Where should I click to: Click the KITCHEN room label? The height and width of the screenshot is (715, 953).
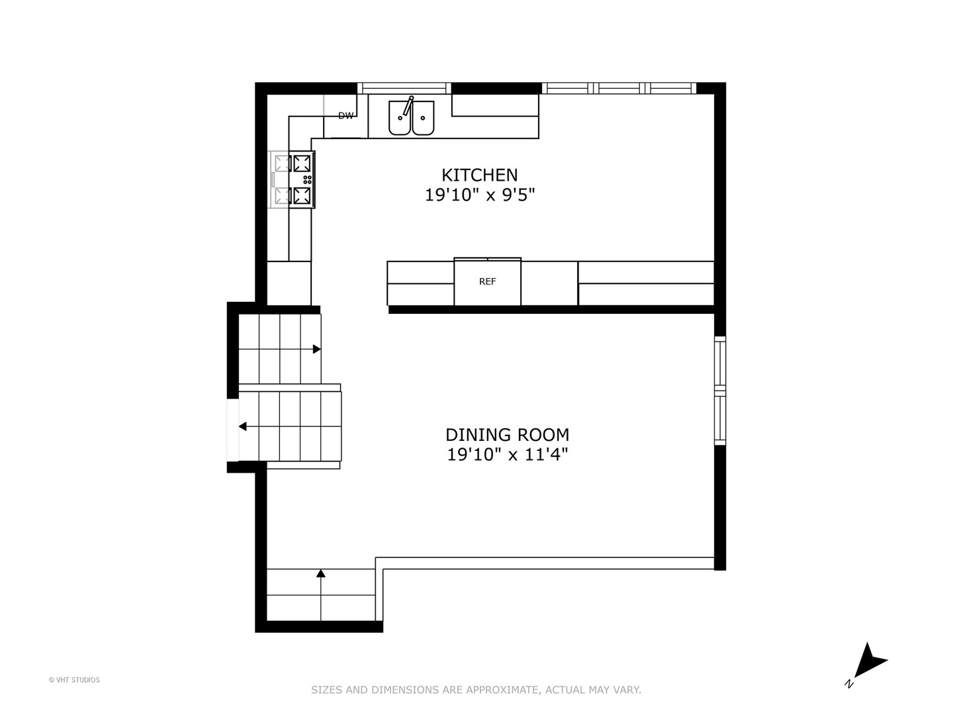pyautogui.click(x=479, y=175)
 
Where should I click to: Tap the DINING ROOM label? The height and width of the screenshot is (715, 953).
pyautogui.click(x=507, y=434)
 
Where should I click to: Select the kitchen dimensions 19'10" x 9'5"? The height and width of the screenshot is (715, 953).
pyautogui.click(x=479, y=195)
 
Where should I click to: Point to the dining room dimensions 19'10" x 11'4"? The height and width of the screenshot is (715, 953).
pyautogui.click(x=508, y=455)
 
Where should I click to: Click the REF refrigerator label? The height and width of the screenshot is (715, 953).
pyautogui.click(x=487, y=281)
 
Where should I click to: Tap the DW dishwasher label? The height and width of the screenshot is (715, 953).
pyautogui.click(x=345, y=116)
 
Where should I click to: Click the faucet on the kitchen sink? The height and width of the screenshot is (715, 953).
pyautogui.click(x=408, y=106)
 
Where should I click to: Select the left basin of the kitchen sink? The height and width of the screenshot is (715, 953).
pyautogui.click(x=400, y=118)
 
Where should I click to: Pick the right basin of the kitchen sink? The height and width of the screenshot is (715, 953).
pyautogui.click(x=423, y=118)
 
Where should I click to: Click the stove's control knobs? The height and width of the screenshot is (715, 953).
pyautogui.click(x=307, y=179)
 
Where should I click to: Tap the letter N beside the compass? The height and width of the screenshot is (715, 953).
pyautogui.click(x=849, y=684)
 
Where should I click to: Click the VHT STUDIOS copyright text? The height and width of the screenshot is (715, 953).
pyautogui.click(x=74, y=680)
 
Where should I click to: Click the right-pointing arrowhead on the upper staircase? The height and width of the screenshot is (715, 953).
pyautogui.click(x=317, y=349)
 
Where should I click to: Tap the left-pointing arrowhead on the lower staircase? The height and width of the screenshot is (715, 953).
pyautogui.click(x=243, y=427)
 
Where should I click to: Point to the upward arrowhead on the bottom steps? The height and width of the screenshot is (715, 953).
pyautogui.click(x=321, y=573)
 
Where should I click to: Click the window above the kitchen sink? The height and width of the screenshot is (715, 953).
pyautogui.click(x=404, y=88)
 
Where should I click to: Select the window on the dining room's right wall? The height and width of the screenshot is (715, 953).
pyautogui.click(x=720, y=391)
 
